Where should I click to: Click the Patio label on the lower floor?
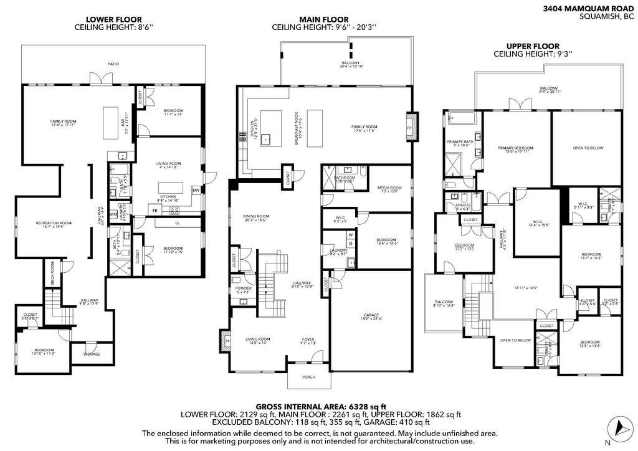pyautogui.click(x=113, y=64)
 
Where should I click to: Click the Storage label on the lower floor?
pyautogui.click(x=92, y=354)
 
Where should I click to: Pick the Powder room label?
pyautogui.click(x=244, y=290)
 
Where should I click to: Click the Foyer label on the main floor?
pyautogui.click(x=308, y=340)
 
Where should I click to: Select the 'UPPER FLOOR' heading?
pyautogui.click(x=533, y=46)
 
